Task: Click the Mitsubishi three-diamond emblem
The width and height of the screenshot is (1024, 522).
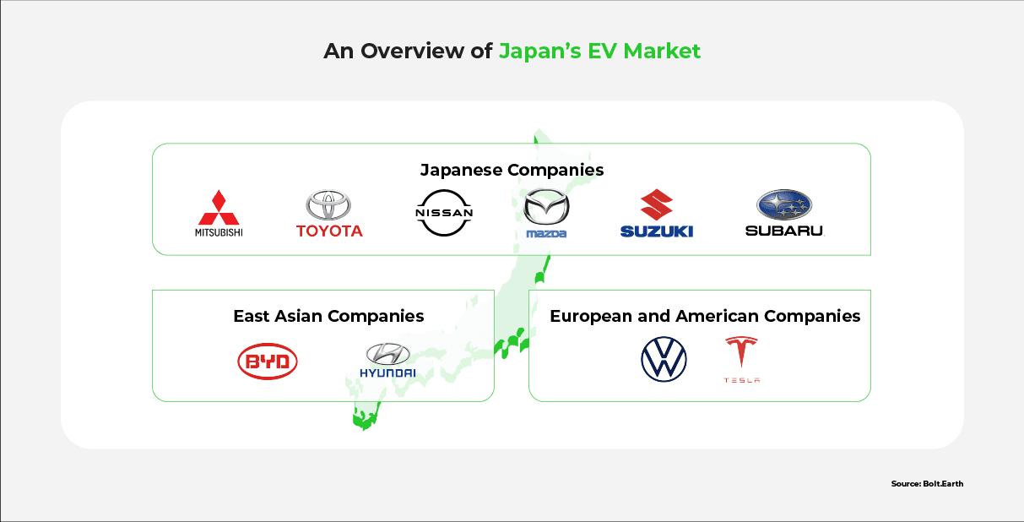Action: click(219, 207)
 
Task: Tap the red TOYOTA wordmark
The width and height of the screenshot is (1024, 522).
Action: click(329, 231)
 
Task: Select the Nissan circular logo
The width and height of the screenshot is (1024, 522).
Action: click(444, 213)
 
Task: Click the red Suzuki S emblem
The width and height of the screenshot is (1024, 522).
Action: click(656, 204)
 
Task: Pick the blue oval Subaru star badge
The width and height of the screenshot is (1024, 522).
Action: click(783, 204)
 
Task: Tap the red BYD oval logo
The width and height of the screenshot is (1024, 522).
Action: click(268, 362)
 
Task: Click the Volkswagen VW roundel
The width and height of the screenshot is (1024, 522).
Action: click(664, 359)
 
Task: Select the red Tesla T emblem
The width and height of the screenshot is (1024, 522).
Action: click(741, 352)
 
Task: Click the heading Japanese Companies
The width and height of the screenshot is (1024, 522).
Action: click(512, 170)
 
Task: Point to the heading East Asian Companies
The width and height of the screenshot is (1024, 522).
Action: click(328, 316)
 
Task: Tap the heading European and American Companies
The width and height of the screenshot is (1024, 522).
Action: click(705, 316)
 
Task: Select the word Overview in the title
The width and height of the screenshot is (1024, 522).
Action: click(414, 51)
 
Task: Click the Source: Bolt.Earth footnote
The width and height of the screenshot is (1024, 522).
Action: click(926, 484)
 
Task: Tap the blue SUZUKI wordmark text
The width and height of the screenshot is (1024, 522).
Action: click(656, 231)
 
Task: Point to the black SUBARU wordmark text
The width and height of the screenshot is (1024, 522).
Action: click(783, 230)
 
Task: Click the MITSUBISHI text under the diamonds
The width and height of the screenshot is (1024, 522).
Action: click(219, 232)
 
